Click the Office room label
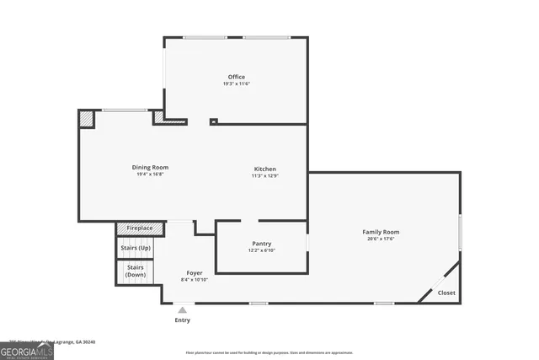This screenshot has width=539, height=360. click(x=236, y=77)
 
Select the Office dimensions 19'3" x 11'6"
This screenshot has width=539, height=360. click(x=236, y=84)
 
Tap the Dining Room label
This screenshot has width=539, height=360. click(x=150, y=168)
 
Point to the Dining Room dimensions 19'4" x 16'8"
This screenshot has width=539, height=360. click(x=150, y=175)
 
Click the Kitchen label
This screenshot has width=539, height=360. click(x=265, y=169)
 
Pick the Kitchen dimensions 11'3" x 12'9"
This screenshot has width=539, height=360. click(x=265, y=176)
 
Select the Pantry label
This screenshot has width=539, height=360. click(x=261, y=244)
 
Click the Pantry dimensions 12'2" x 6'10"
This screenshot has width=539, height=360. click(x=261, y=250)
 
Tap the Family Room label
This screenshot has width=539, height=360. click(x=381, y=231)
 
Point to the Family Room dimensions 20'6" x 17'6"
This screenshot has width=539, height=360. click(x=381, y=239)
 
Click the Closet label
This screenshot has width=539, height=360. click(x=446, y=293)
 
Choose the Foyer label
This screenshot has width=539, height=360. click(x=195, y=272)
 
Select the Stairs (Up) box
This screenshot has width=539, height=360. click(x=136, y=248)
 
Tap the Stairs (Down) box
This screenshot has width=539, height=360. click(x=135, y=271)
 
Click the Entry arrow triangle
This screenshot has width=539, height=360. click(x=182, y=310)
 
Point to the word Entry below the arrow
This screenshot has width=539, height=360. click(x=182, y=320)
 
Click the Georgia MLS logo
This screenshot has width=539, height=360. click(x=27, y=348)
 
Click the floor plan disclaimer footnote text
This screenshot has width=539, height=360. click(x=269, y=352)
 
